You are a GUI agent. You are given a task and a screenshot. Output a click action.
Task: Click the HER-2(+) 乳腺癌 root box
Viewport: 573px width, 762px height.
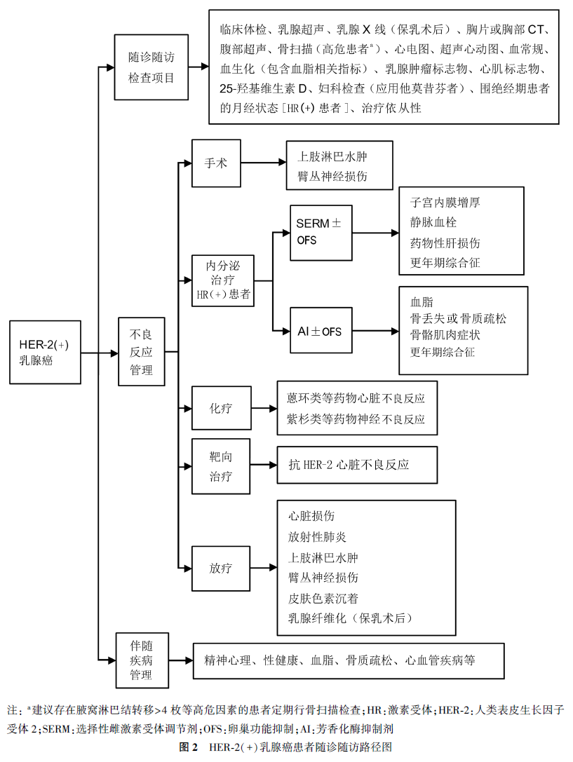[45, 352]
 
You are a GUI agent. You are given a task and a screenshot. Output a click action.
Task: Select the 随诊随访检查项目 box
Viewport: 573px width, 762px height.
[151, 68]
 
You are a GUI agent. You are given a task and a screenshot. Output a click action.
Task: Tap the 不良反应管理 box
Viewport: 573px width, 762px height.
[142, 351]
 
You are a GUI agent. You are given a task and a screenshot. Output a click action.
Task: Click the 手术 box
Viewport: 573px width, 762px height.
[215, 163]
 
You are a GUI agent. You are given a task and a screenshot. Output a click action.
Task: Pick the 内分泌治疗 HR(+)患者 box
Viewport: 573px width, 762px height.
[223, 281]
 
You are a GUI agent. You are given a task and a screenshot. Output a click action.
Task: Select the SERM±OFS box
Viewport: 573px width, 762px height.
[318, 232]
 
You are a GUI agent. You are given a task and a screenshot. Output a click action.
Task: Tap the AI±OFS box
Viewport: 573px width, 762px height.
[320, 330]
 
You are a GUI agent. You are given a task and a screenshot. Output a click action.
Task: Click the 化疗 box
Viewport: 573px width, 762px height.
[221, 408]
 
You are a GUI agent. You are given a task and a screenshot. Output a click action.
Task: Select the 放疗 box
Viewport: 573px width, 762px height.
[221, 568]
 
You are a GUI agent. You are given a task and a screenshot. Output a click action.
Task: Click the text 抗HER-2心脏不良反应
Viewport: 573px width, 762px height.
[349, 465]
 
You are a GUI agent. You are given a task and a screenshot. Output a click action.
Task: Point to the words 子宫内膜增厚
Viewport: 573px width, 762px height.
[445, 203]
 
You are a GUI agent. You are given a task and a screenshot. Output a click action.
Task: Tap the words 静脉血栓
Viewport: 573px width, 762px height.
[435, 223]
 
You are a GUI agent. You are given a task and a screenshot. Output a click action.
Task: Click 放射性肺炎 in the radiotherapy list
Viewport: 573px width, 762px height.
[317, 537]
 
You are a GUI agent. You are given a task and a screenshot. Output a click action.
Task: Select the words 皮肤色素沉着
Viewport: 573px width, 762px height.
[323, 598]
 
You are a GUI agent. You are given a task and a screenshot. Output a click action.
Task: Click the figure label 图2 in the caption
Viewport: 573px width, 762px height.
[189, 747]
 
